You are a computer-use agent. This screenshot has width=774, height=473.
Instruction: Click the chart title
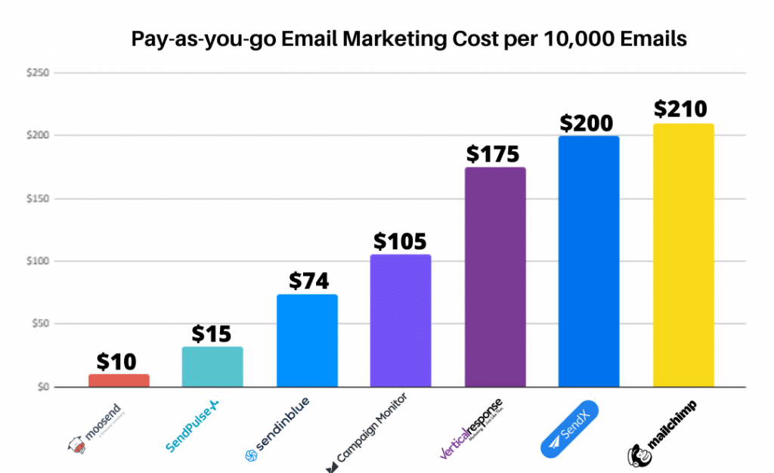point(409,39)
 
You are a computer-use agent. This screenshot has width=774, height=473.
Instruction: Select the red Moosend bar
point(119,380)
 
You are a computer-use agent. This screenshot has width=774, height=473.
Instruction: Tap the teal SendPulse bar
point(212,367)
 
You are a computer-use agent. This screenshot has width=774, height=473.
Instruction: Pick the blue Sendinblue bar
point(307,340)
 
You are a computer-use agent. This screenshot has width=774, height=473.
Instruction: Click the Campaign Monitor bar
point(401,320)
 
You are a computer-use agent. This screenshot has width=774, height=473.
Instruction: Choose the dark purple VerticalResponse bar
point(495,277)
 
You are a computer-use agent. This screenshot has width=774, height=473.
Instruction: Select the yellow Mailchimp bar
point(683,255)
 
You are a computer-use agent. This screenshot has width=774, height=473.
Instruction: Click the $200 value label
point(587,123)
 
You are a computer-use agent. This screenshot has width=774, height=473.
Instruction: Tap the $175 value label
point(493,154)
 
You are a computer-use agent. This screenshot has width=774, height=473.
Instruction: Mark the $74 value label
point(307,281)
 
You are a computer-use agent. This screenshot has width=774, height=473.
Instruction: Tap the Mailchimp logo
point(662,431)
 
